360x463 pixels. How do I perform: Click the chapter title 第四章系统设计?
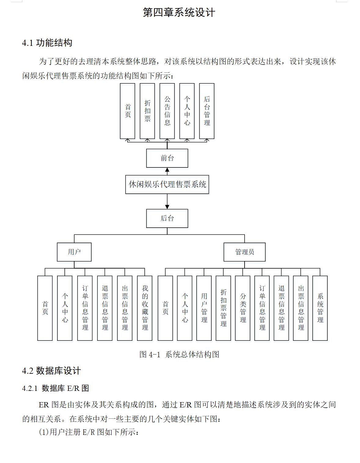179,12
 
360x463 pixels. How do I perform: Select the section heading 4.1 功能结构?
47,43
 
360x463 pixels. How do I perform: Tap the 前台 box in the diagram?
167,158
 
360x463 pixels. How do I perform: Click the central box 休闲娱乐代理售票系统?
167,185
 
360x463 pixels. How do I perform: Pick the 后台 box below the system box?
167,219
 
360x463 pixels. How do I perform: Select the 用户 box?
74,252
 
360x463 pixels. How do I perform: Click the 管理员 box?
244,252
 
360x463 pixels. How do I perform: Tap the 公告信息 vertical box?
167,111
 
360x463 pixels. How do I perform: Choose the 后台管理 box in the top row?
207,111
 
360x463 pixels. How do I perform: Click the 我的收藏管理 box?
145,308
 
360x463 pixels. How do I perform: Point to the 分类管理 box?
243,308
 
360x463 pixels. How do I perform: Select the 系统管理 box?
320,308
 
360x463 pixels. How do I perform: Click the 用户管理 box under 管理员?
204,308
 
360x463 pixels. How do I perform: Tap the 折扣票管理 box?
223,308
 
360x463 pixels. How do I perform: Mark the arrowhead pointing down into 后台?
167,207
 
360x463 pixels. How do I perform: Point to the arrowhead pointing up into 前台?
167,170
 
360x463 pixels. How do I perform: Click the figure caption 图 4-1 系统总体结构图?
179,354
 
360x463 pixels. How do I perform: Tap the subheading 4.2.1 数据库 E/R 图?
55,388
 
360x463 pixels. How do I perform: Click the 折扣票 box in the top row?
147,111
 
